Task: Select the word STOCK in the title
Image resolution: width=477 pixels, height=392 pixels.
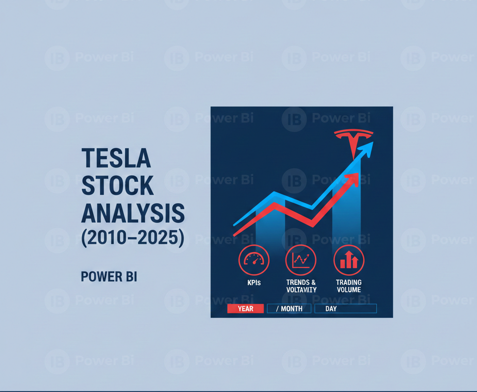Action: click(x=117, y=186)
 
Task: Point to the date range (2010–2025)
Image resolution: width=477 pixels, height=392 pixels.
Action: click(x=133, y=237)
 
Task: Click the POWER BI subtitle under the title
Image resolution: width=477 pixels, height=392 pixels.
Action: click(x=109, y=277)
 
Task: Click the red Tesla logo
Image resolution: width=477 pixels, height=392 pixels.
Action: click(x=354, y=140)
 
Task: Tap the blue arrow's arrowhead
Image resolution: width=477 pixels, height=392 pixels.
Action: click(x=368, y=149)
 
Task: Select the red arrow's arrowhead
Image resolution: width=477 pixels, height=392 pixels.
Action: click(x=354, y=179)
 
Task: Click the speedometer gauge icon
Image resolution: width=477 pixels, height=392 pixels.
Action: click(x=254, y=260)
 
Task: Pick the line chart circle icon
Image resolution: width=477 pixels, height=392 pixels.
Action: click(x=301, y=260)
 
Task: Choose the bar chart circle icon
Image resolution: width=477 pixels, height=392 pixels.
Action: click(x=349, y=260)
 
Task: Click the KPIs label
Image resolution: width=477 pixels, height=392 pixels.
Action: click(x=254, y=283)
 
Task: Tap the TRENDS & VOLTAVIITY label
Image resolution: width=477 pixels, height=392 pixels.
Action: click(x=301, y=286)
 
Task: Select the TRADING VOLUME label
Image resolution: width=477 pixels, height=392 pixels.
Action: click(x=349, y=286)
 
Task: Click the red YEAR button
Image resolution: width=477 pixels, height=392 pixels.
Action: click(x=245, y=309)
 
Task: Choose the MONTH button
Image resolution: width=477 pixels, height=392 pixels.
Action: click(x=289, y=309)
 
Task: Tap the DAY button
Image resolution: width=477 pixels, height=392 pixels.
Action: click(x=345, y=309)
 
